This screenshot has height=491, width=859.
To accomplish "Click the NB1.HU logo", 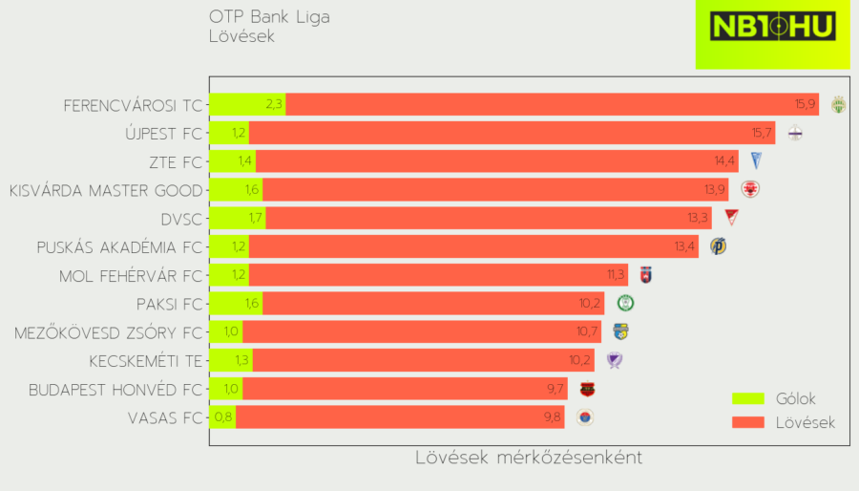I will click(772, 28).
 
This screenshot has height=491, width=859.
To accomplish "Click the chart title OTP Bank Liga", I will click(270, 17).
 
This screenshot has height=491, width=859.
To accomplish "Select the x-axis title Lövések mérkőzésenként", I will click(529, 458).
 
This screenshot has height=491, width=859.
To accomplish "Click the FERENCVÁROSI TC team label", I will click(133, 105).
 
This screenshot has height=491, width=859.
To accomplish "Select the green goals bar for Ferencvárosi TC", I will click(246, 105).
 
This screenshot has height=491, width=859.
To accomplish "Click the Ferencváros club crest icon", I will click(839, 105).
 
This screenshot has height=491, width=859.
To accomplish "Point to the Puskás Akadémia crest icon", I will click(718, 246).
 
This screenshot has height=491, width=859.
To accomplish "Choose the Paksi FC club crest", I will click(626, 304).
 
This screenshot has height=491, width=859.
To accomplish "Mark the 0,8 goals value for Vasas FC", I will click(223, 417).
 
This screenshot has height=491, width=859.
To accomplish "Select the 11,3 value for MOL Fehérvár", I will click(616, 275).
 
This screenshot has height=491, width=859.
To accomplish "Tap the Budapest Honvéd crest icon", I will click(587, 389).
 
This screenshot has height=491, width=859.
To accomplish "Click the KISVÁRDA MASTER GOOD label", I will click(106, 190).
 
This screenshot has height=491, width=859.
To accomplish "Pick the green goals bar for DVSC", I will click(237, 219).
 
